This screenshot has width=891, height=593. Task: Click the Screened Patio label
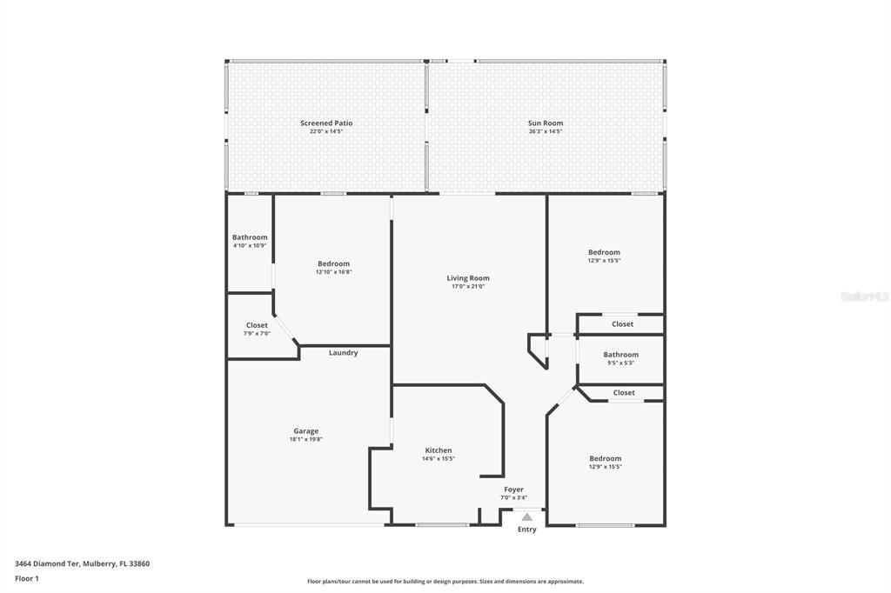click(326, 123)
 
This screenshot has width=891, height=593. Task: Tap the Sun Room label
click(545, 123)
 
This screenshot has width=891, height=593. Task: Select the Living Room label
click(468, 278)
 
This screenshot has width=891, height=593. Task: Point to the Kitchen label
click(438, 450)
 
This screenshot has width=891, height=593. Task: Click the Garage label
click(305, 431)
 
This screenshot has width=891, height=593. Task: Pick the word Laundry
click(343, 353)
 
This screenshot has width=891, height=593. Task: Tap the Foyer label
click(513, 490)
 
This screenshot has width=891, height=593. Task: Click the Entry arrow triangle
click(526, 517)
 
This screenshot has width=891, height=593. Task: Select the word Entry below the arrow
click(527, 530)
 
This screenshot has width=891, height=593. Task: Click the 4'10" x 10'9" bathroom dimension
click(250, 246)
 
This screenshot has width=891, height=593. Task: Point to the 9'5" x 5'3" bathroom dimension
click(620, 363)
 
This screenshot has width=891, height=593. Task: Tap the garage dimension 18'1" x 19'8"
click(305, 440)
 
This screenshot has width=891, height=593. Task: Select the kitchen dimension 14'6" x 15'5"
click(438, 459)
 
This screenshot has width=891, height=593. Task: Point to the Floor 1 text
click(27, 578)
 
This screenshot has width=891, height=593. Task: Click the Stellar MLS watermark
click(865, 296)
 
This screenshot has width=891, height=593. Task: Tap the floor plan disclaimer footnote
click(445, 582)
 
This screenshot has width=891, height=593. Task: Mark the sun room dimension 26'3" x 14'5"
click(545, 131)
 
